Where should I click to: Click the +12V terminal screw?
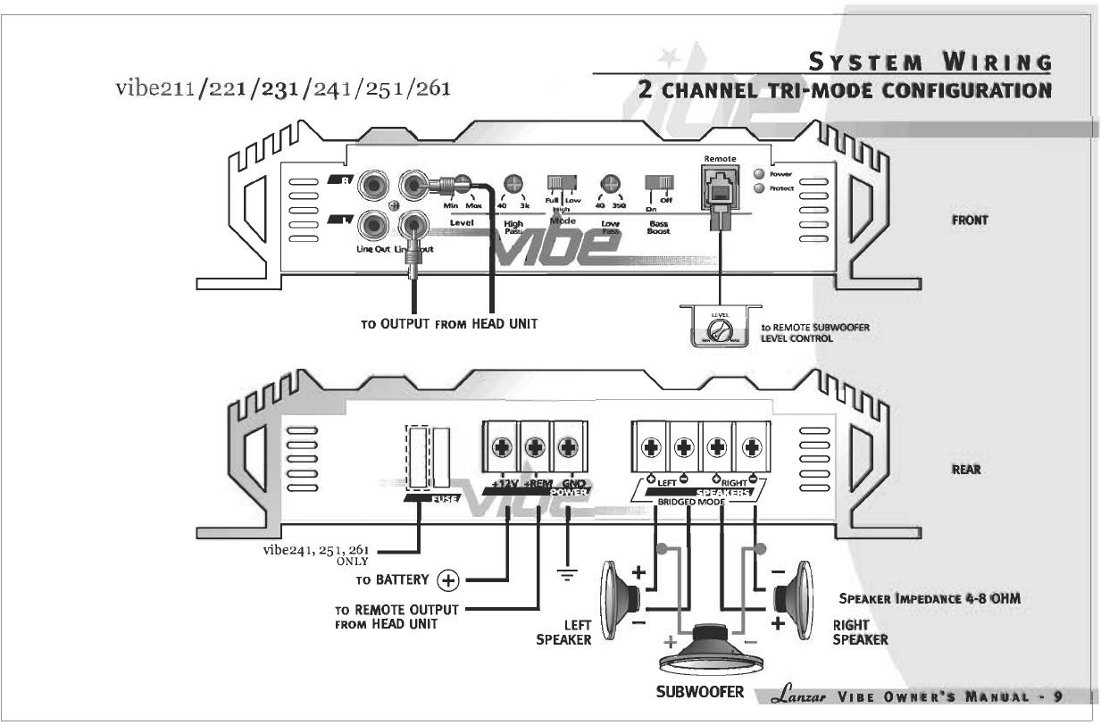pyautogui.click(x=502, y=447)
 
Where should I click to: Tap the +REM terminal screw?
pyautogui.click(x=535, y=447)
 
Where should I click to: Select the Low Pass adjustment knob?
pyautogui.click(x=611, y=184)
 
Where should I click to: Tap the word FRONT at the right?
pyautogui.click(x=970, y=220)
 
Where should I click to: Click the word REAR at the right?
pyautogui.click(x=968, y=471)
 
